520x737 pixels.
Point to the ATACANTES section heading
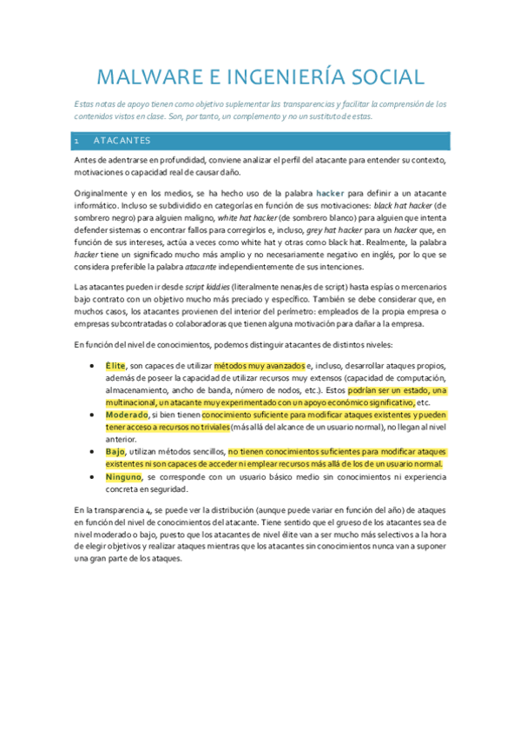pyautogui.click(x=122, y=140)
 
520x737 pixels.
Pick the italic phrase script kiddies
pyautogui.click(x=208, y=286)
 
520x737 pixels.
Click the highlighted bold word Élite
pyautogui.click(x=115, y=366)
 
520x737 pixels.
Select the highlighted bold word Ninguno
pyautogui.click(x=123, y=477)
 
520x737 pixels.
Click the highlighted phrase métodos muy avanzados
pyautogui.click(x=260, y=366)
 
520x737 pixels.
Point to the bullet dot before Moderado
pyautogui.click(x=93, y=415)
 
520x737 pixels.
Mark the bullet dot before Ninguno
pyautogui.click(x=93, y=477)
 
